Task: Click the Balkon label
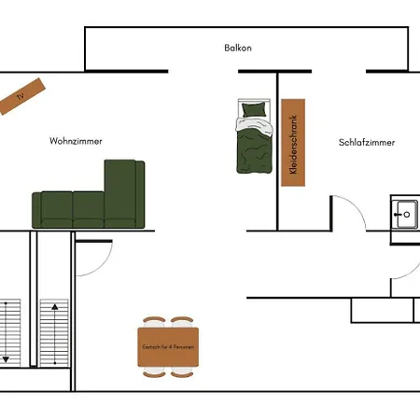point(238,48)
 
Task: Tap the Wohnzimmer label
point(76,141)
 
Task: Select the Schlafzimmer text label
point(367,143)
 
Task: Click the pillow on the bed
point(252,110)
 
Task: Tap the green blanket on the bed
point(252,149)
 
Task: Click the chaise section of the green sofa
point(124,187)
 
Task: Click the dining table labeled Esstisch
point(168,346)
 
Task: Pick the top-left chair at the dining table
point(154,322)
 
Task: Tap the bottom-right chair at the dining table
point(182,372)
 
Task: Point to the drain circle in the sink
point(406,215)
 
